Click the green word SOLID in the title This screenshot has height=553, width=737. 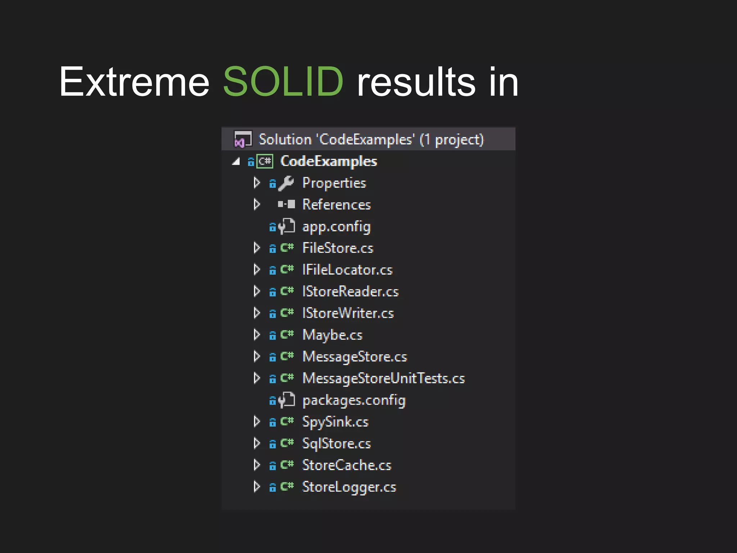coord(283,82)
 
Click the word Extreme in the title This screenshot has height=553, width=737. coord(134,82)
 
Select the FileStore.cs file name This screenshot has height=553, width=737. coord(338,248)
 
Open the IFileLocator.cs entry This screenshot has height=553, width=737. coord(347,270)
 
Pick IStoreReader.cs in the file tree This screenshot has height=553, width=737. coord(351,291)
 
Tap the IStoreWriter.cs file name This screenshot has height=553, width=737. coord(348,313)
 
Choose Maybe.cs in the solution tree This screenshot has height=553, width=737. coord(332,335)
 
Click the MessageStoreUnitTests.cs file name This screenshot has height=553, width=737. coord(384,378)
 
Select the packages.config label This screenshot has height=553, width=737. coord(354,400)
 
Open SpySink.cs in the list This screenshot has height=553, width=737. coord(335,422)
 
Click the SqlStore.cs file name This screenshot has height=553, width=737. coord(336,444)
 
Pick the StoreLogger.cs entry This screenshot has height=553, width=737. coord(349,487)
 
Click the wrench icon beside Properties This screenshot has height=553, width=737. coord(286,183)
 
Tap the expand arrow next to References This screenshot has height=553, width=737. coord(257,204)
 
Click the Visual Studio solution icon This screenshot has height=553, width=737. coord(243,139)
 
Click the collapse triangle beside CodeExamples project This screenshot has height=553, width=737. coord(236,162)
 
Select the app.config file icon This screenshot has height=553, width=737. coord(287,226)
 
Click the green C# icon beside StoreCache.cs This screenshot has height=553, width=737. coord(287,465)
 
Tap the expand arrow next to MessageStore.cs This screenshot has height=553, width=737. coord(257,356)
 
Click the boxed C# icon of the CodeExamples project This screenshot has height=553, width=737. coord(265,161)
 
